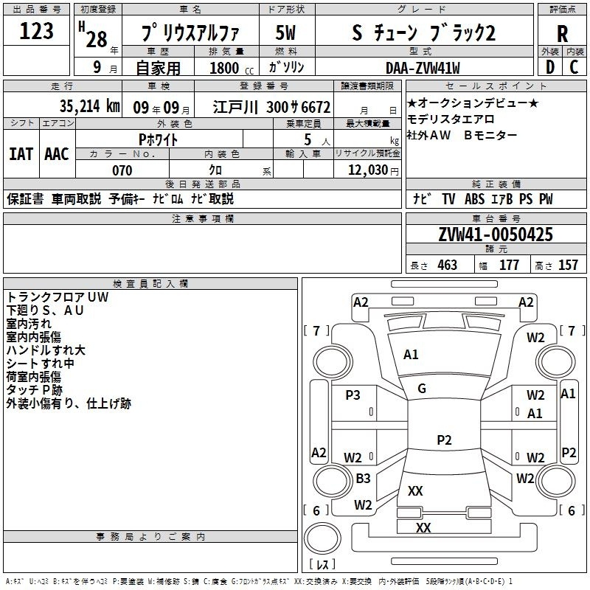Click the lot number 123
(36, 30)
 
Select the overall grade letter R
(562, 34)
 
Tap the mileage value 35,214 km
(89, 106)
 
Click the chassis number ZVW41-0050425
(496, 235)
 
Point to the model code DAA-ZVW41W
(423, 68)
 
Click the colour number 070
(122, 170)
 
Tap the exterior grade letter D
(550, 67)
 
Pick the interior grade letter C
(574, 67)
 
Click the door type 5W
(285, 32)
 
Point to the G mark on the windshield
(422, 389)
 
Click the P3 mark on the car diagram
(353, 395)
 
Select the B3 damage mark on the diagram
(363, 478)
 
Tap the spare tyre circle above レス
(322, 538)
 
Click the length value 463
(448, 265)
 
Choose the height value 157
(568, 265)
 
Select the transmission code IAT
(21, 154)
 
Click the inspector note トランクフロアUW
(58, 297)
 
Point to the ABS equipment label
(474, 199)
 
